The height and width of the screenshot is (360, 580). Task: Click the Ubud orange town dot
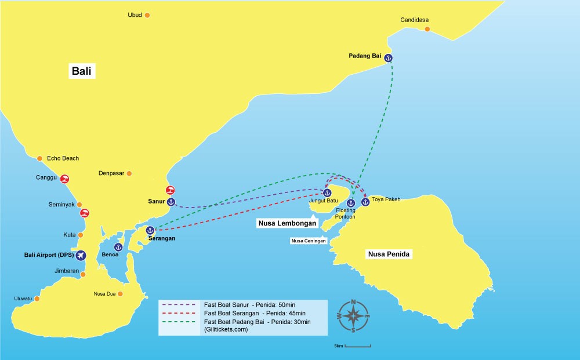pyautogui.click(x=147, y=15)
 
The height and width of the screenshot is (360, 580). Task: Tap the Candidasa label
pyautogui.click(x=414, y=20)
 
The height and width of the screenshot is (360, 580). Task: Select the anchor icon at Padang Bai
pyautogui.click(x=388, y=57)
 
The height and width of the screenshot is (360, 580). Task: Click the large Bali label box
pyautogui.click(x=82, y=71)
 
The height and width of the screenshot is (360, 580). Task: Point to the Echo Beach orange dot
pyautogui.click(x=39, y=158)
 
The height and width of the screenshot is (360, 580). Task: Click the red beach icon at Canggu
pyautogui.click(x=65, y=179)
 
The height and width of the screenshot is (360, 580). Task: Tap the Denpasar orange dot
pyautogui.click(x=129, y=173)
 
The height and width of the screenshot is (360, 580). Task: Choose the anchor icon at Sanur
pyautogui.click(x=171, y=202)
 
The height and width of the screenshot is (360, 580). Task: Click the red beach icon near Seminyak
pyautogui.click(x=85, y=213)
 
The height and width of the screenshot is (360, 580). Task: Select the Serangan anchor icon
pyautogui.click(x=150, y=230)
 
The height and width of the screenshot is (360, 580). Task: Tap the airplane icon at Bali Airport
pyautogui.click(x=80, y=255)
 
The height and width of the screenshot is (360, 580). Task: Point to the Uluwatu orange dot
pyautogui.click(x=37, y=299)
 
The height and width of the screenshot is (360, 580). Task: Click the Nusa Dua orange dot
pyautogui.click(x=120, y=294)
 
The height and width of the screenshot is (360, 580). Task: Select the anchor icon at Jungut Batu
pyautogui.click(x=327, y=192)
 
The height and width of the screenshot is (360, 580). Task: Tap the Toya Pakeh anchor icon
pyautogui.click(x=365, y=202)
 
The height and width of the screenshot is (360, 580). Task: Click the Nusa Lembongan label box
pyautogui.click(x=287, y=223)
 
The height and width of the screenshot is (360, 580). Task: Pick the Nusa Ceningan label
pyautogui.click(x=309, y=241)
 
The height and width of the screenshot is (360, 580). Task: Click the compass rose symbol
pyautogui.click(x=353, y=316)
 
